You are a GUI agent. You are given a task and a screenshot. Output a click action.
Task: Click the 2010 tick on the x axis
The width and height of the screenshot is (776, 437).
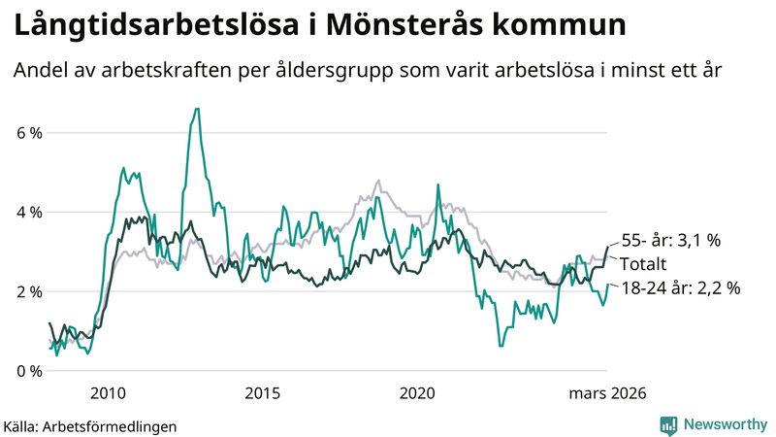108,393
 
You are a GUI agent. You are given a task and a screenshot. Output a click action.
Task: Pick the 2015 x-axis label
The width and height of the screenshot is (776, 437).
263,393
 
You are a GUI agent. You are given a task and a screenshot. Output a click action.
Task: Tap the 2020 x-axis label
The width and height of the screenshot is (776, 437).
418,393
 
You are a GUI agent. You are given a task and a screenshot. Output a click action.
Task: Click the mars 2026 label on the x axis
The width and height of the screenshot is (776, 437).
607,393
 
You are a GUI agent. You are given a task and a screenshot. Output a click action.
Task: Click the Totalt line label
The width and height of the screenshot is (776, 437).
644,264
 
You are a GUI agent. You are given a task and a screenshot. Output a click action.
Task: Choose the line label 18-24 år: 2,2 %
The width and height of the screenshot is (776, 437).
681,287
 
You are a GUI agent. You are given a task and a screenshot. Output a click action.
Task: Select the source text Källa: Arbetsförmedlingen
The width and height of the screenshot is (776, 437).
90,425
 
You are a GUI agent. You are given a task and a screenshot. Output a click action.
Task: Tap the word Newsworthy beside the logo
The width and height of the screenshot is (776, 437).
724,424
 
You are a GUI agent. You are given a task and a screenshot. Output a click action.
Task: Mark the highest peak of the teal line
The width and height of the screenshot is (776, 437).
197,109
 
